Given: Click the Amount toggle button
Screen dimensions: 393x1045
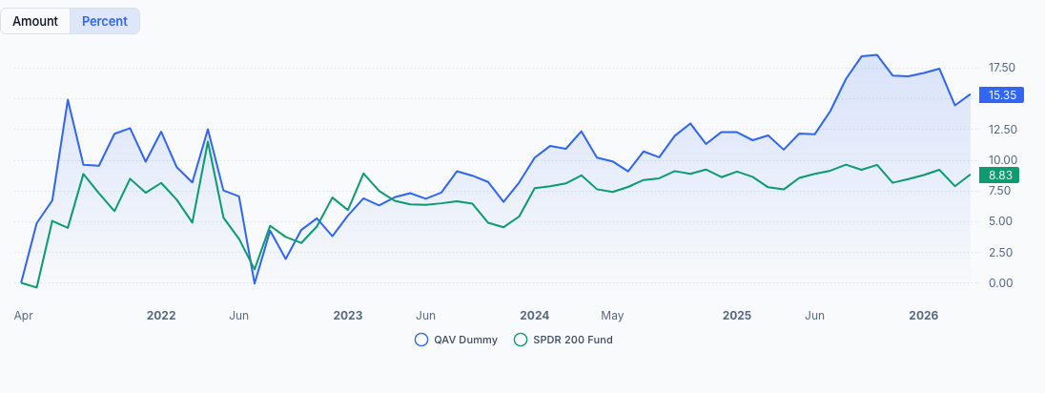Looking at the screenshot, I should [x=35, y=21].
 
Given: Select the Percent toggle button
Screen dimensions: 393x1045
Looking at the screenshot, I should [x=105, y=21].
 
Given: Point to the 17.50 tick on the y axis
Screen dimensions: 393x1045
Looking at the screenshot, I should [x=1002, y=68].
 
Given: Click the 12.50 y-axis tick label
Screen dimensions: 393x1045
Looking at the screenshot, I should [x=1002, y=129].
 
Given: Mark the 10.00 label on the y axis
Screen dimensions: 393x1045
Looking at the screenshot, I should [x=1002, y=160].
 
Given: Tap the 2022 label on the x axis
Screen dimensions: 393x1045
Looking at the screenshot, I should [x=161, y=316].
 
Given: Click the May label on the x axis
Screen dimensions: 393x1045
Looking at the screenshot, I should [x=612, y=316].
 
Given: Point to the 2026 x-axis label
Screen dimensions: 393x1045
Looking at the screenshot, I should [x=923, y=316].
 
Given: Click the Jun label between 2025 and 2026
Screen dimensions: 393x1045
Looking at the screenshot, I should [x=814, y=316].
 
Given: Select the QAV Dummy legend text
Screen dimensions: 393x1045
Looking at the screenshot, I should [x=465, y=340].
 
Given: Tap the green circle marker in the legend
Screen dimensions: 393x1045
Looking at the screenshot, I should [x=520, y=340].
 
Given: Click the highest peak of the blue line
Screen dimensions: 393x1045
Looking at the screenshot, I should [x=876, y=55].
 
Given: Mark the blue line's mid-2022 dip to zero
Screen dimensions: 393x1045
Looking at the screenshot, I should [x=255, y=283].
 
